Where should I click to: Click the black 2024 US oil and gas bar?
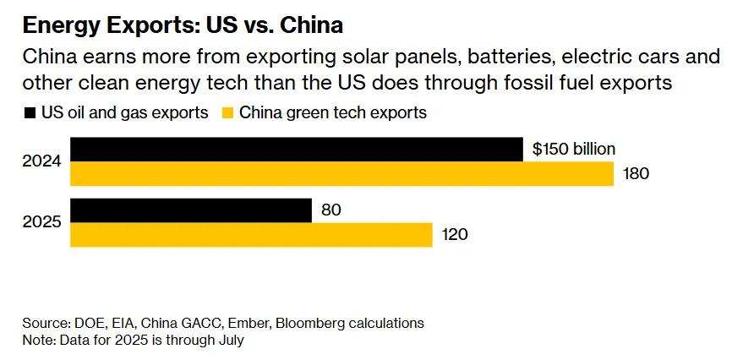pyautogui.click(x=296, y=150)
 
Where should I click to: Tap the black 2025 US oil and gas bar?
pyautogui.click(x=191, y=210)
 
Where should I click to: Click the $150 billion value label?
pyautogui.click(x=574, y=150)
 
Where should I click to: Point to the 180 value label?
pyautogui.click(x=636, y=174)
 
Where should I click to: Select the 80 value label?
pyautogui.click(x=331, y=210)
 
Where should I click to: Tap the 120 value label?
pyautogui.click(x=455, y=235)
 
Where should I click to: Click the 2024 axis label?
pyautogui.click(x=41, y=161)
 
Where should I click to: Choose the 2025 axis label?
pyautogui.click(x=41, y=222)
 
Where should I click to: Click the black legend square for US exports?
pyautogui.click(x=30, y=112)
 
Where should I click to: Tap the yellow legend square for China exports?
pyautogui.click(x=227, y=112)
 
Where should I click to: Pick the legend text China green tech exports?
pyautogui.click(x=333, y=112)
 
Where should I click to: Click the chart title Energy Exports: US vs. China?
pyautogui.click(x=183, y=25)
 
